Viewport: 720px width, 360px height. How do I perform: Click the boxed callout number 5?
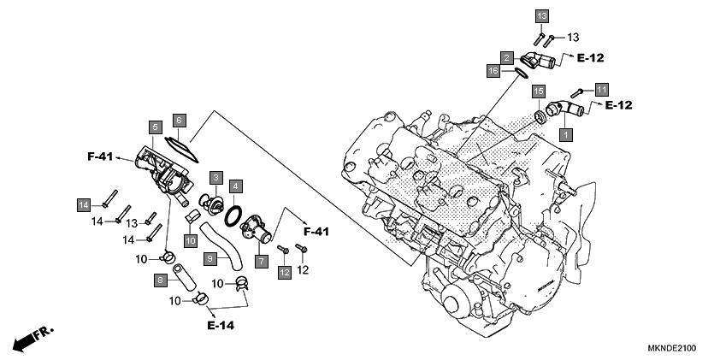click(156, 127)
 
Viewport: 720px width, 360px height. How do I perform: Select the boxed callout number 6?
click(179, 121)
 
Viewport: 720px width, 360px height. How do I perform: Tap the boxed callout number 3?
click(216, 177)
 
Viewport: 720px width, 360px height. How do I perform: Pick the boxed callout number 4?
click(235, 186)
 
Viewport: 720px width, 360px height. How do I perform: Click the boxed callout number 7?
click(262, 262)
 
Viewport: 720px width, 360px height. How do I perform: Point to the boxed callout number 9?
click(210, 259)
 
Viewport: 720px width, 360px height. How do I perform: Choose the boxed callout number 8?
click(161, 280)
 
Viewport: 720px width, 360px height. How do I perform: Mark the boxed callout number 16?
click(493, 71)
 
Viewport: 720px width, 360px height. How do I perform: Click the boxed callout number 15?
click(539, 91)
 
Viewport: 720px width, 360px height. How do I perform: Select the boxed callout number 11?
click(601, 89)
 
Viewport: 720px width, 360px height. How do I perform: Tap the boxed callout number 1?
click(566, 135)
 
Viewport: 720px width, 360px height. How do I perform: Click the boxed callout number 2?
click(507, 57)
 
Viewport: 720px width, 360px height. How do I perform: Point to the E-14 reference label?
click(221, 326)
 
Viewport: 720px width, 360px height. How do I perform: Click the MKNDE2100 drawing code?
click(672, 348)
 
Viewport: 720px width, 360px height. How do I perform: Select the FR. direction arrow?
click(33, 339)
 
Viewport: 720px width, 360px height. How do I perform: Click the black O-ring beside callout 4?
click(233, 216)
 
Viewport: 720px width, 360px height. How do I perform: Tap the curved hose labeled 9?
click(221, 245)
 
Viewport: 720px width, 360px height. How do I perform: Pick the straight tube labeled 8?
click(184, 278)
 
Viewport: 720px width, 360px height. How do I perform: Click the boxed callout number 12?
click(284, 272)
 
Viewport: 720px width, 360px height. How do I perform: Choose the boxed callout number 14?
click(83, 205)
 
